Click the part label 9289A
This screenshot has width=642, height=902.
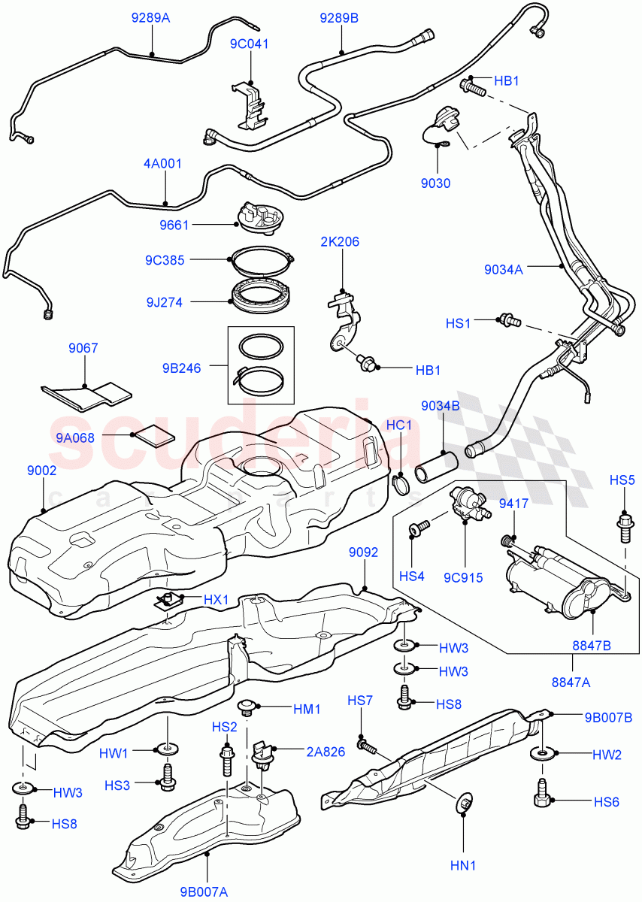click(150, 17)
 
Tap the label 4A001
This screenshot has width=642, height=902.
click(163, 164)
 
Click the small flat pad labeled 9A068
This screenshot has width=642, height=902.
click(154, 434)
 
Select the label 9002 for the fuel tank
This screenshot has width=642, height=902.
click(42, 471)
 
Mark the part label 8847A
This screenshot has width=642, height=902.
click(572, 682)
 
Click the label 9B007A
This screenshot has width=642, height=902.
click(203, 892)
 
